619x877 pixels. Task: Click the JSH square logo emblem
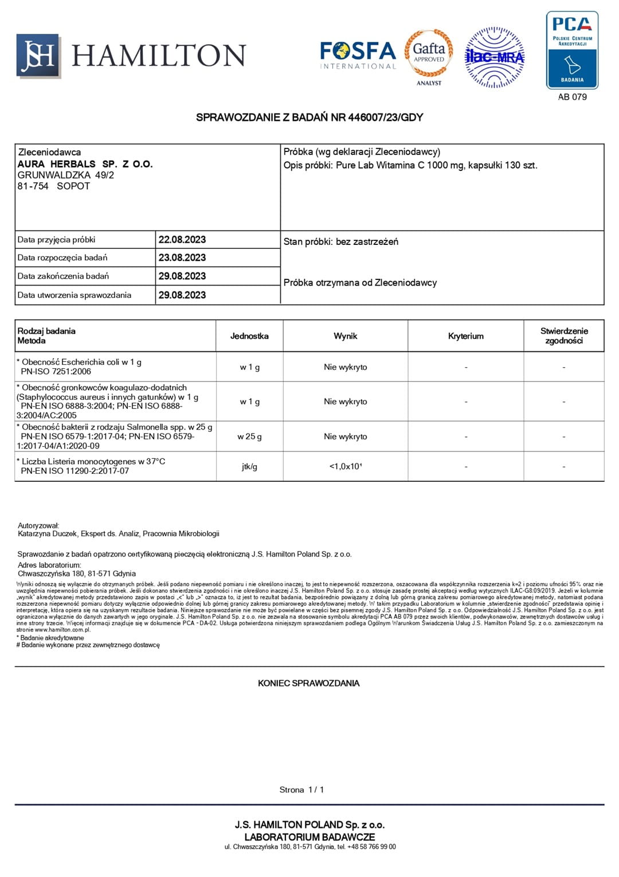tap(38, 56)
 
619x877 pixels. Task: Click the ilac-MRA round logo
tap(494, 57)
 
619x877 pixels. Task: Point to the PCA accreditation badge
tap(572, 50)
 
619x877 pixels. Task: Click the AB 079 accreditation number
tap(572, 97)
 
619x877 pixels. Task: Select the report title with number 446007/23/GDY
tap(309, 118)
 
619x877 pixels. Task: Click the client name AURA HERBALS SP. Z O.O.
tap(85, 164)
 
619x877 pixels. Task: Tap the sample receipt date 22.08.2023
tap(182, 240)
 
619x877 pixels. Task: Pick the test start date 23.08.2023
tap(182, 258)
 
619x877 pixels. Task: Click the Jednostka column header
tap(249, 336)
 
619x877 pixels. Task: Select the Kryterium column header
tap(465, 336)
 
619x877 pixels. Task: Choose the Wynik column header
tap(345, 336)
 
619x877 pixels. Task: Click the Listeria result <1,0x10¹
tap(345, 466)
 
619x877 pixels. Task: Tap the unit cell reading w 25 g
tap(249, 436)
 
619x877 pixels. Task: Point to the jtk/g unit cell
tap(249, 466)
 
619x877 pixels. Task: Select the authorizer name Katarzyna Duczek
tap(49, 533)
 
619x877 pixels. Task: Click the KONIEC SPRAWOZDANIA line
tap(309, 683)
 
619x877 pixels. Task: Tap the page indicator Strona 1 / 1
tap(302, 790)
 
